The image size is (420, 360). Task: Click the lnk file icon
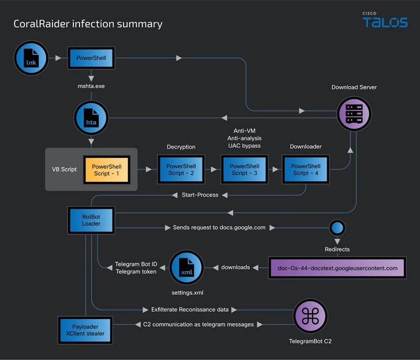31,58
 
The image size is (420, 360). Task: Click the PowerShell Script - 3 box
245,170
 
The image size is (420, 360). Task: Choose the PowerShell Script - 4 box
305,170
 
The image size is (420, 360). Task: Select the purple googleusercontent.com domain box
337,268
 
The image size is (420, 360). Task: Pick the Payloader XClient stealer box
85,329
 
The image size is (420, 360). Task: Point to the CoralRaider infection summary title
88,24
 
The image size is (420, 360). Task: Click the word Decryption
181,147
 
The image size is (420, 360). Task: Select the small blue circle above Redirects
337,227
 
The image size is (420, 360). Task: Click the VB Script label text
64,170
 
